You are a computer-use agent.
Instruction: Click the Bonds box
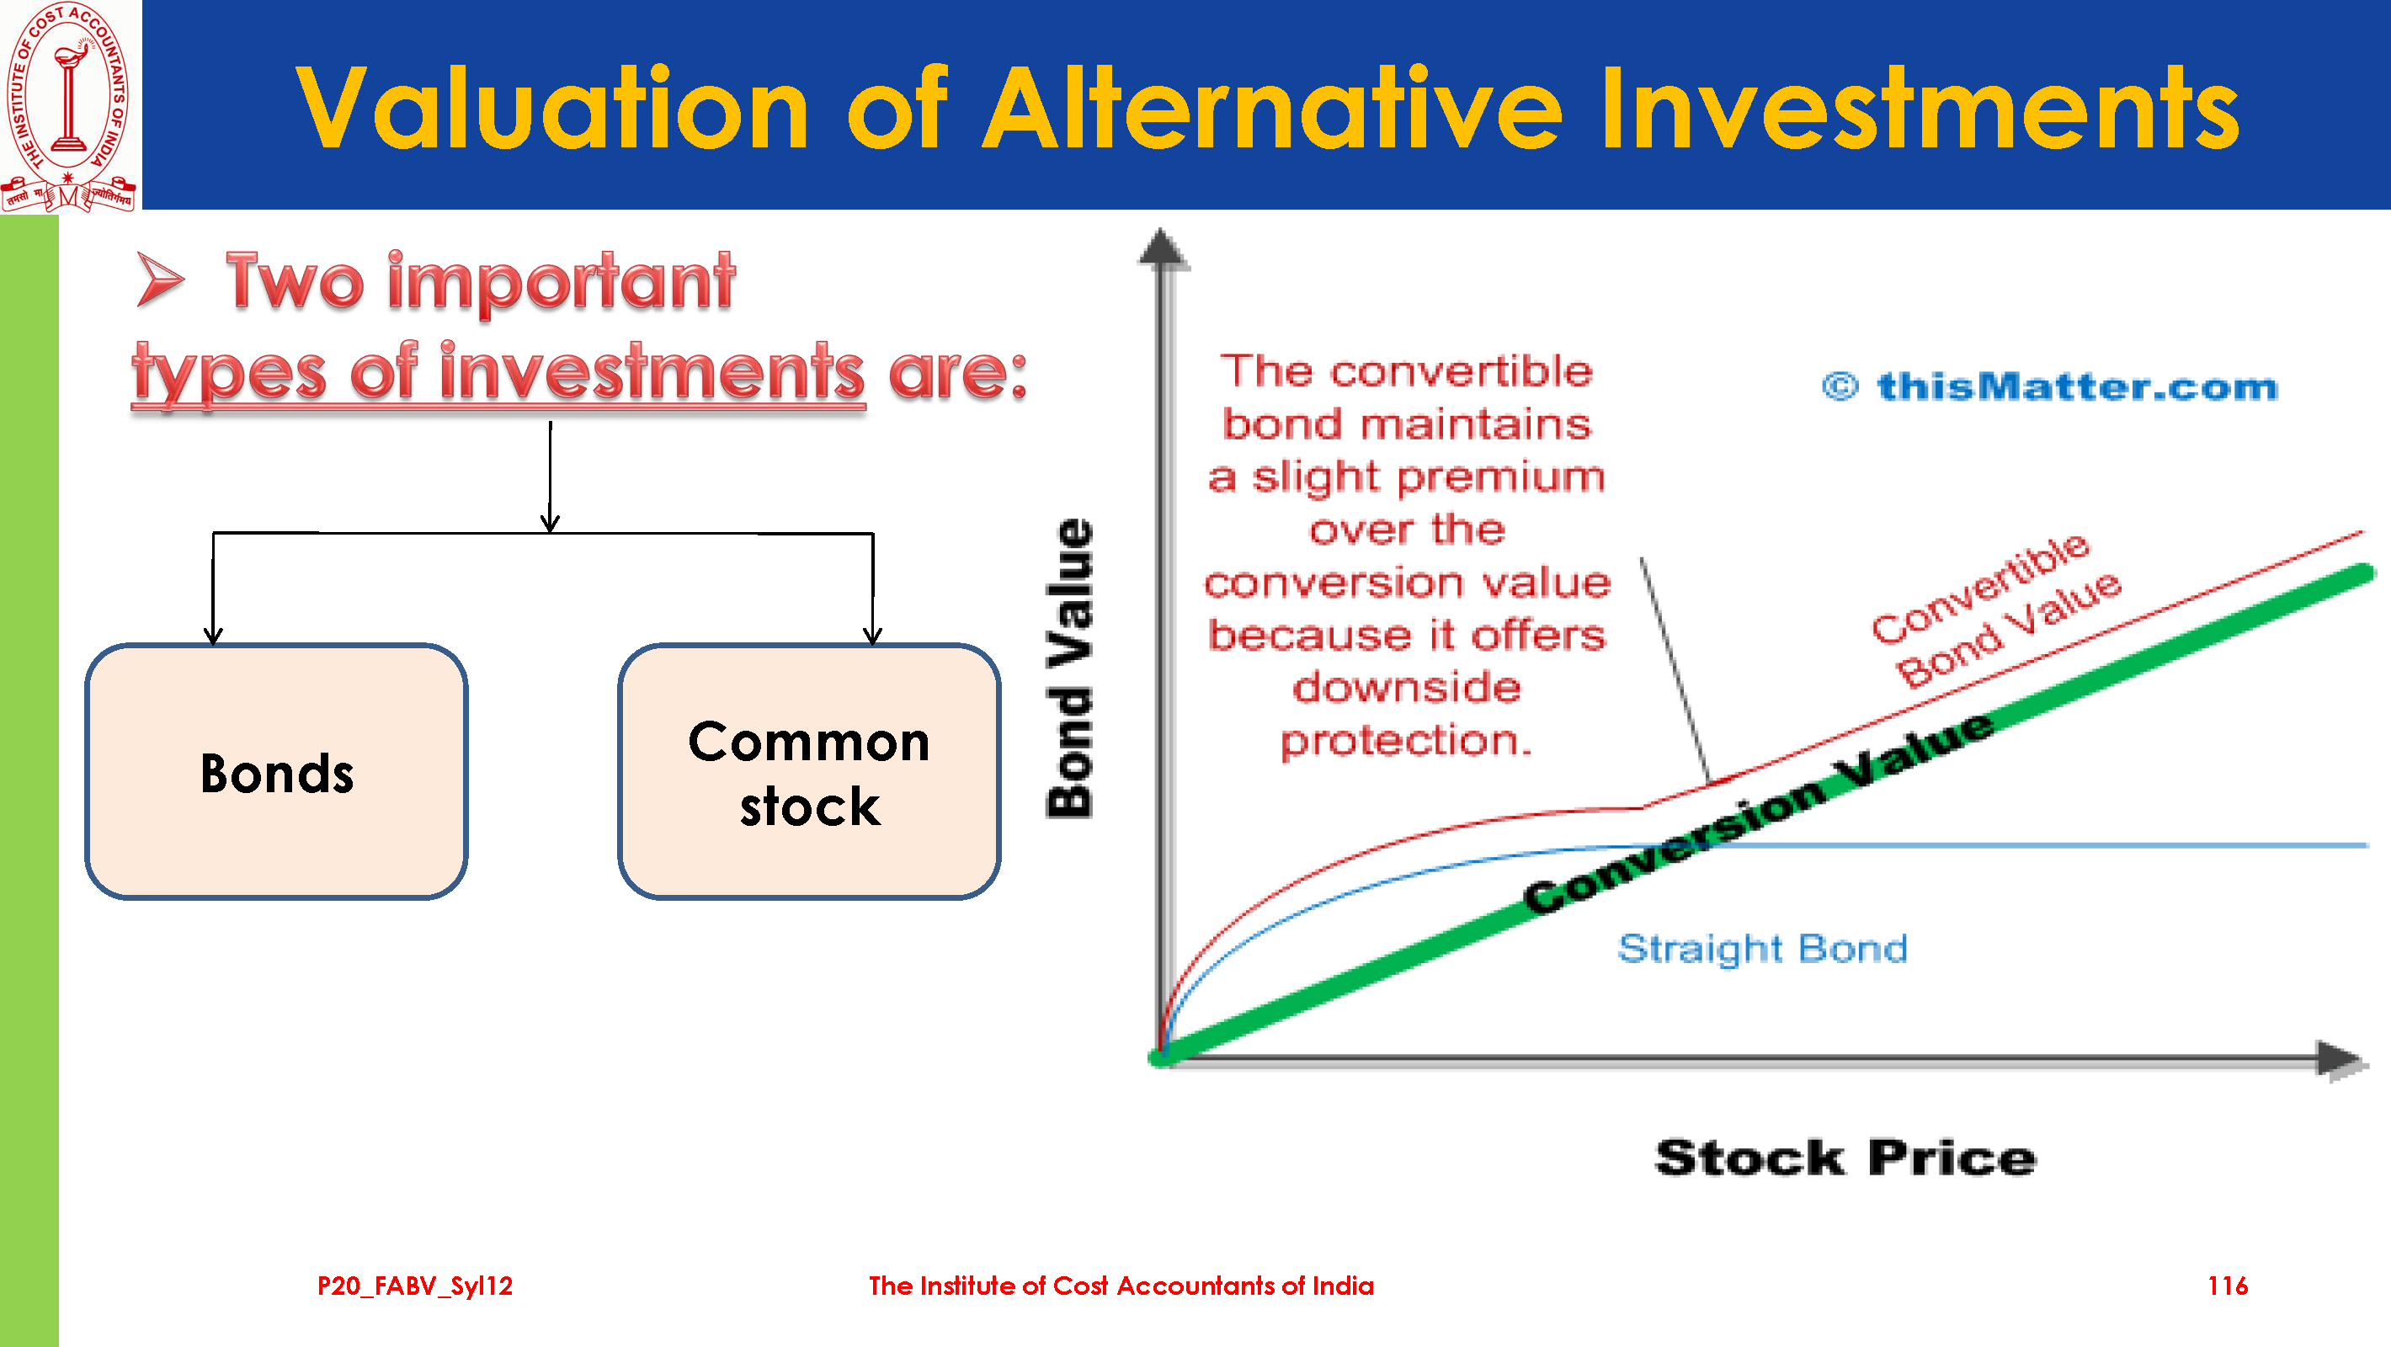point(277,771)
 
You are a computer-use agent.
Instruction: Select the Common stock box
point(809,771)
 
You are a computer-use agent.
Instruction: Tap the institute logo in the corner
point(70,106)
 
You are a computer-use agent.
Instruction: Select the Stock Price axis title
point(1845,1158)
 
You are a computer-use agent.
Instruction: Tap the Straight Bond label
point(1763,949)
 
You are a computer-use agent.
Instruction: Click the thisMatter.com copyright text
point(2050,386)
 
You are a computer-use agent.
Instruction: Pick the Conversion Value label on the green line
point(1758,812)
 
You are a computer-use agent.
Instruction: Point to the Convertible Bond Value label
point(1995,611)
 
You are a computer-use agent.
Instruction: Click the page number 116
point(2227,1286)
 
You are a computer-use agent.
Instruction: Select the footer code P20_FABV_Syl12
point(415,1286)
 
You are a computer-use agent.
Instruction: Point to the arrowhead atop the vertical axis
point(1162,249)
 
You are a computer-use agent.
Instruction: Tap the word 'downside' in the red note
point(1406,687)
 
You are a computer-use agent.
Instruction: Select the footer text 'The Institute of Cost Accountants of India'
point(1121,1286)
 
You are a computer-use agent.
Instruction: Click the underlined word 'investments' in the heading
point(652,372)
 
